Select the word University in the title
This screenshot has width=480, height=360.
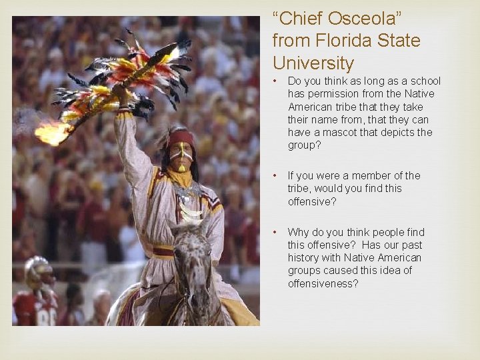313,63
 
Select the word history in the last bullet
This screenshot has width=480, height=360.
303,257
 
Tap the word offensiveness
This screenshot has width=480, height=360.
323,283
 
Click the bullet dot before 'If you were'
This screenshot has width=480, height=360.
276,176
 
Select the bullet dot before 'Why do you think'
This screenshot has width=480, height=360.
276,233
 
